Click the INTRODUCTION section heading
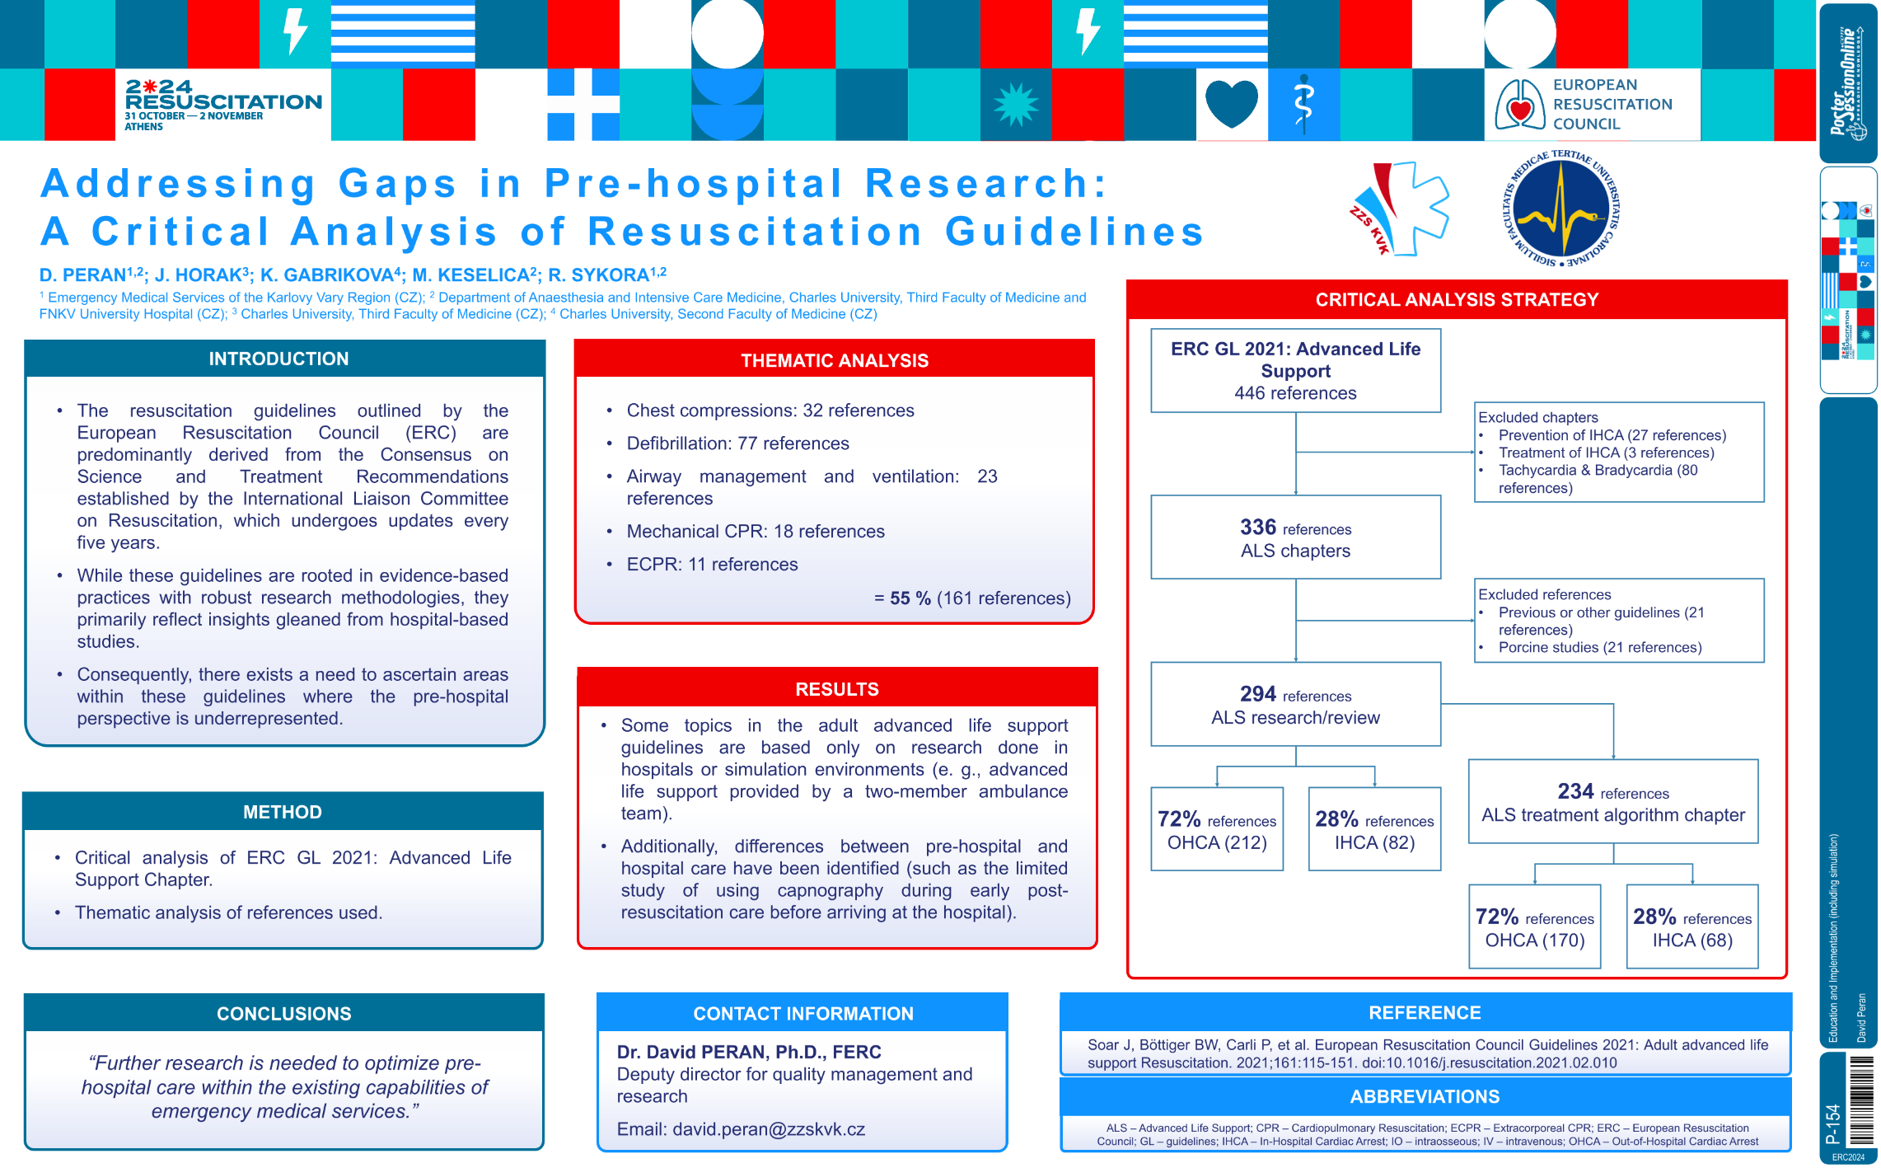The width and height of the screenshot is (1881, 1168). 278,359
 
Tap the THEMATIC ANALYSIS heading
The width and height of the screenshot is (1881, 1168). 834,360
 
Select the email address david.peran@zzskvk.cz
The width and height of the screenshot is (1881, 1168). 769,1129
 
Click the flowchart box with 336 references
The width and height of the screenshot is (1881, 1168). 1295,537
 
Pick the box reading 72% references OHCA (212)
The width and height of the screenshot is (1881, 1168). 1217,829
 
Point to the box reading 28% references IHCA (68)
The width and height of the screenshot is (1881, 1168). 1692,926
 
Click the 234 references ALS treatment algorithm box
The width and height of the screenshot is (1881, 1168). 1613,801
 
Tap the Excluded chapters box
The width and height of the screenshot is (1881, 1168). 1619,452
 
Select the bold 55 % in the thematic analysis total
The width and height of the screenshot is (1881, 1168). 910,598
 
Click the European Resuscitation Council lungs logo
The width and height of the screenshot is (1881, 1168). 1520,105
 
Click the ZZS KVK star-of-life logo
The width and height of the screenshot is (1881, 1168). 1398,209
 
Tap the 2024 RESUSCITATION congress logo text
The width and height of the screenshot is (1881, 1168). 223,105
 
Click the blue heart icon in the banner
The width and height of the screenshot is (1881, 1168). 1232,104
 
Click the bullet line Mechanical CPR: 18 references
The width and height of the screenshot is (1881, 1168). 756,532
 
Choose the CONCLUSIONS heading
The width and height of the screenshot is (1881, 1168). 283,1014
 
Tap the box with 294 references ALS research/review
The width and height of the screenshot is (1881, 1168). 1295,704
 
